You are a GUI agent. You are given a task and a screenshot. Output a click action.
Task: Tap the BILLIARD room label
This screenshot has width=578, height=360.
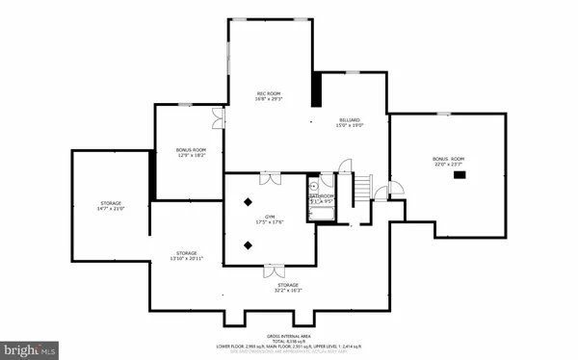click(348, 122)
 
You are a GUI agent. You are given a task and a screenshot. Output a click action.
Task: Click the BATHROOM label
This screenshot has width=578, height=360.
click(322, 198)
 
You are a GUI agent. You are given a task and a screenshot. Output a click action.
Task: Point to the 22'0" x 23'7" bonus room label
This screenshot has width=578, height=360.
click(448, 161)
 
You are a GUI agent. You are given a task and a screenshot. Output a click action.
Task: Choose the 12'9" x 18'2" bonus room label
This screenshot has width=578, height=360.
click(191, 153)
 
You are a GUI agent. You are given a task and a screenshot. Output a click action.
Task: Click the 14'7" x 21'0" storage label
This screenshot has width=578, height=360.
click(111, 206)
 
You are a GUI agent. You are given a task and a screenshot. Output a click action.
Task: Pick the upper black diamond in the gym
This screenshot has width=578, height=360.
click(250, 200)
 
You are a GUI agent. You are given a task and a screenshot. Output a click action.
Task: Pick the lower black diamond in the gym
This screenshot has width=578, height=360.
click(250, 244)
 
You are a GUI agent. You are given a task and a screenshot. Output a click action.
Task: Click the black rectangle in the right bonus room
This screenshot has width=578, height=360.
click(460, 175)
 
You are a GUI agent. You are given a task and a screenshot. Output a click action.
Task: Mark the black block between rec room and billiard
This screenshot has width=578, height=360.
click(317, 90)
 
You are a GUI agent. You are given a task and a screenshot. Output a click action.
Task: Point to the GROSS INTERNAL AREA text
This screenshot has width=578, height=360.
click(288, 331)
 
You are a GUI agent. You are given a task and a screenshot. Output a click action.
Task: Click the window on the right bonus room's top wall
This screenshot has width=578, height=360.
click(442, 114)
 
